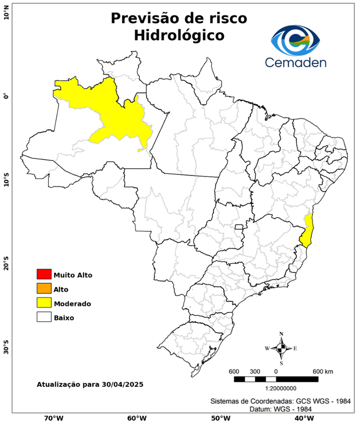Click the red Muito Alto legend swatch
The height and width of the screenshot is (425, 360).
[x=44, y=274]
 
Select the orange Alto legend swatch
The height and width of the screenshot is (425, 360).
[x=44, y=288]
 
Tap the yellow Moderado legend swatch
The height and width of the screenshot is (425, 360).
[x=44, y=303]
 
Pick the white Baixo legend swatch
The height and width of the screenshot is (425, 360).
[x=44, y=317]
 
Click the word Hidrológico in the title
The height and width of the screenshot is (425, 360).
[x=179, y=35]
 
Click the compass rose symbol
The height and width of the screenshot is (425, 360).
[x=281, y=348]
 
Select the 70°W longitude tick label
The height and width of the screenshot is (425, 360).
[x=53, y=418]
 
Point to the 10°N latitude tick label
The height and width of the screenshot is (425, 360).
[x=6, y=12]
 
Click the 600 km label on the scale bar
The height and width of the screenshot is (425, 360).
[x=323, y=371]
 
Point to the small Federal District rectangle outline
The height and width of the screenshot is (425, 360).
[x=239, y=227]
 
